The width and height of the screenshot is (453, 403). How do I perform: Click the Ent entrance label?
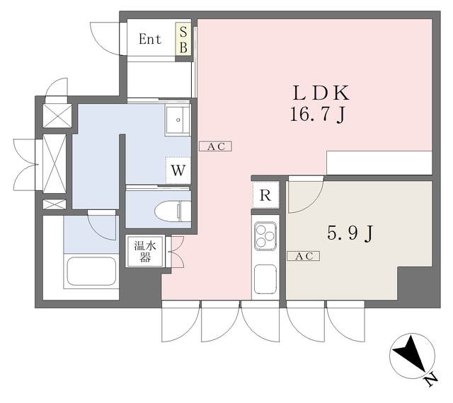pos(149,39)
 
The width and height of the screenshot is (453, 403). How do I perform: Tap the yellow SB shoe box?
pos(183,40)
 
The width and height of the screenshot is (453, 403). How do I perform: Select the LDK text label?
pos(321,93)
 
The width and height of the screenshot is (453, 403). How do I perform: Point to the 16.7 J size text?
pos(317,115)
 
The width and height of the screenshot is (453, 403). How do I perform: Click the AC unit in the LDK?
pos(215,146)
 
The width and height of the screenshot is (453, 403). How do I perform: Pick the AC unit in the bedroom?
pos(304,256)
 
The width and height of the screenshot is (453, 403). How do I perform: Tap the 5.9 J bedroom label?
pos(350,233)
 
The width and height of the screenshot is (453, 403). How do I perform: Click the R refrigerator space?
pos(265,195)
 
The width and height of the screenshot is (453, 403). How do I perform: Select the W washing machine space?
pos(178,170)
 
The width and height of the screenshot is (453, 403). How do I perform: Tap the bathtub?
pos(91,271)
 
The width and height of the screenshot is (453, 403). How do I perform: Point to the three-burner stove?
pos(265,235)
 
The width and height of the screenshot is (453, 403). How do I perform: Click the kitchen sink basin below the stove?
pos(265,279)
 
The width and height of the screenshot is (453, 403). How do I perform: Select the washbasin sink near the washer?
pos(178,119)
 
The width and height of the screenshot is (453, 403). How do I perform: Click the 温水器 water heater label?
pos(145,251)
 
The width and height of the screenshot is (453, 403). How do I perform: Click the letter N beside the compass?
pos(431,380)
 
